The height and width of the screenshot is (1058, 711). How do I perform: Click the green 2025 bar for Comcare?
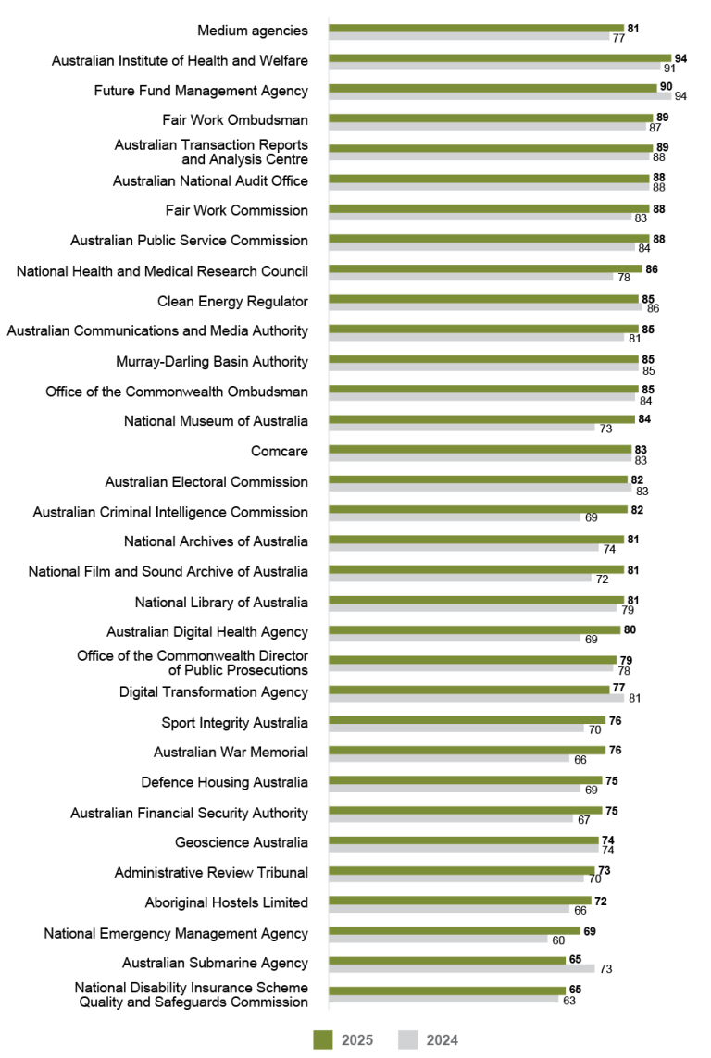(480, 449)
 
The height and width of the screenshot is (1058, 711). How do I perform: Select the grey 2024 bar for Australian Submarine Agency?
(461, 968)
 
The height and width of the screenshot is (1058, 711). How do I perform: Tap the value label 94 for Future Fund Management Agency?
(679, 96)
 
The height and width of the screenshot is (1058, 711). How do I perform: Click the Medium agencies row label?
(253, 31)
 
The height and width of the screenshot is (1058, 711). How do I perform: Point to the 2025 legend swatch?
(322, 1039)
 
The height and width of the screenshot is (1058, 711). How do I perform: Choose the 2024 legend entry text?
(442, 1040)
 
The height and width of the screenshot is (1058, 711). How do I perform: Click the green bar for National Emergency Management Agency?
(455, 931)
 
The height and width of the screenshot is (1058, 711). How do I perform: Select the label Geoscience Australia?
(242, 842)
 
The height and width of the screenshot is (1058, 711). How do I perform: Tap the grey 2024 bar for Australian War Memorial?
(449, 759)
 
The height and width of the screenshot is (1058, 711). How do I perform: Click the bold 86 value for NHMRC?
(652, 268)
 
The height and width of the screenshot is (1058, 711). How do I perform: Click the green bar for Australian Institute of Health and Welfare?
(500, 57)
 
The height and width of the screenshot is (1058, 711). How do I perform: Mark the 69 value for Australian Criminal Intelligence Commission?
(591, 518)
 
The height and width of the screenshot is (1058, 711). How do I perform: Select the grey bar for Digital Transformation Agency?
(476, 699)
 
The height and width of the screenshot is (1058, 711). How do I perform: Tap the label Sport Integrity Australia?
(235, 722)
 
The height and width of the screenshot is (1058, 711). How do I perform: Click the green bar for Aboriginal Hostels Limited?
(460, 901)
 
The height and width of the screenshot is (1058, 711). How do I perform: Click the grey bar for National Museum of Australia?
(462, 428)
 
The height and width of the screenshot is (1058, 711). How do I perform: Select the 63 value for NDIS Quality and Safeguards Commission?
(568, 1000)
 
